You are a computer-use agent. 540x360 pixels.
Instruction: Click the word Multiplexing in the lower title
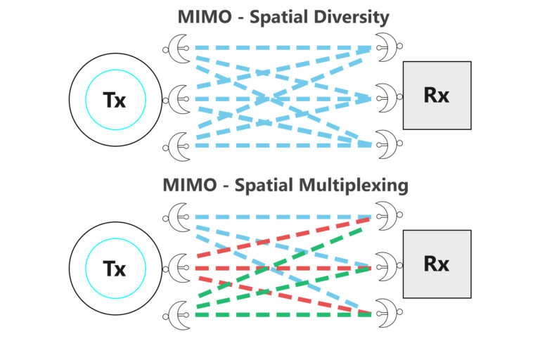[354, 186]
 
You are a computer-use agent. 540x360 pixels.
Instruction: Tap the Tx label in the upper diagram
[115, 100]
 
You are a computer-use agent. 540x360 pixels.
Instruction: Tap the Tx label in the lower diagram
[115, 268]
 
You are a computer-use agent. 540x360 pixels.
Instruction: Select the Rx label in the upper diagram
[437, 95]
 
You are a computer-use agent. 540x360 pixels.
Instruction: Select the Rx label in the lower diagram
[437, 264]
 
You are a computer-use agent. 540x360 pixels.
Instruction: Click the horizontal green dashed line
[281, 314]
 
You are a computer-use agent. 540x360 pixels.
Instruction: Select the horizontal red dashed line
[281, 268]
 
